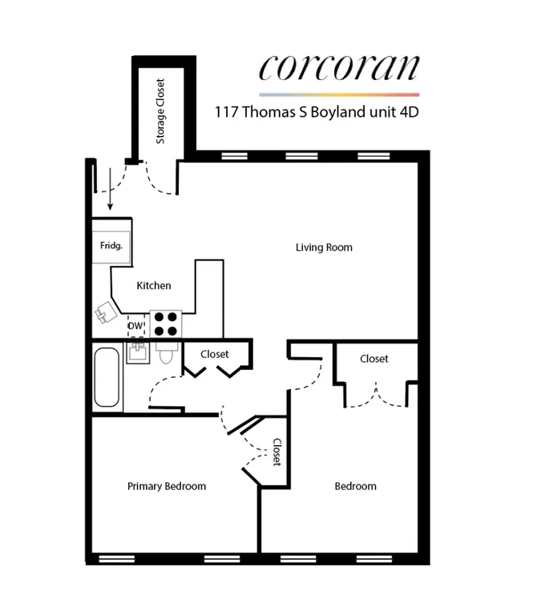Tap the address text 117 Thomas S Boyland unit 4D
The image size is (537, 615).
click(x=317, y=112)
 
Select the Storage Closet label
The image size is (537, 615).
click(x=161, y=111)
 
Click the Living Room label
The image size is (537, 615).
click(x=324, y=247)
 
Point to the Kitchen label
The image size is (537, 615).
click(x=153, y=286)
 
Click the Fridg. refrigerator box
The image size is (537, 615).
click(x=111, y=246)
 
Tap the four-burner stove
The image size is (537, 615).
click(x=166, y=323)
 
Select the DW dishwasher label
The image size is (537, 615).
click(x=134, y=327)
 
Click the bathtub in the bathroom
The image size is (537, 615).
click(x=107, y=377)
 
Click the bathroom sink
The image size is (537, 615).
click(x=135, y=352)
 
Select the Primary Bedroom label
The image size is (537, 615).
click(x=167, y=486)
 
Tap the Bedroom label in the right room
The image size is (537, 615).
click(x=355, y=486)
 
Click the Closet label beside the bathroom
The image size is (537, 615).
click(x=215, y=354)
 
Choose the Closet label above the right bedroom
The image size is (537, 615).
click(x=374, y=359)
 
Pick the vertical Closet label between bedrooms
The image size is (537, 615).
click(x=277, y=452)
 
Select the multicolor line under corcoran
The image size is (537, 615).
click(x=338, y=94)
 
